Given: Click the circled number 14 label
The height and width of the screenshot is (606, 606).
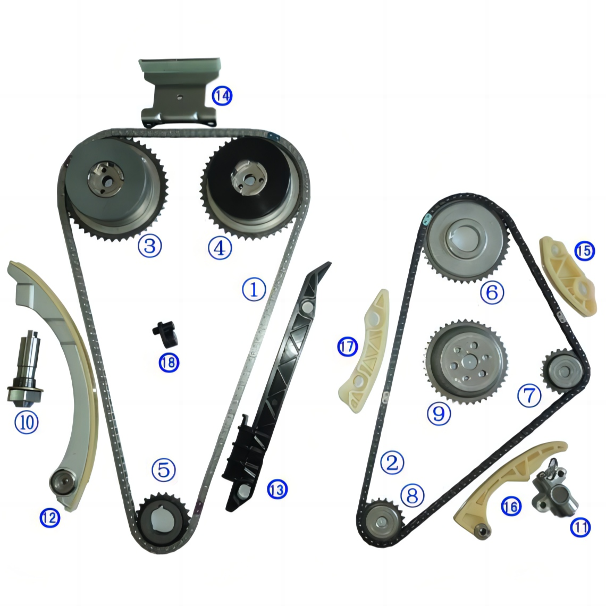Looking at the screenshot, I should (x=222, y=96).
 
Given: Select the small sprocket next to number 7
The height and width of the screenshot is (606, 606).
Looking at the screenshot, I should (x=560, y=367).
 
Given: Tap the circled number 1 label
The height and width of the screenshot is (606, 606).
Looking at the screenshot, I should (x=254, y=289).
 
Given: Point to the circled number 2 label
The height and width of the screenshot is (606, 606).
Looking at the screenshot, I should (x=392, y=463).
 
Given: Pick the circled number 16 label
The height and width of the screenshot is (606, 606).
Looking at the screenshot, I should (x=510, y=507).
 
